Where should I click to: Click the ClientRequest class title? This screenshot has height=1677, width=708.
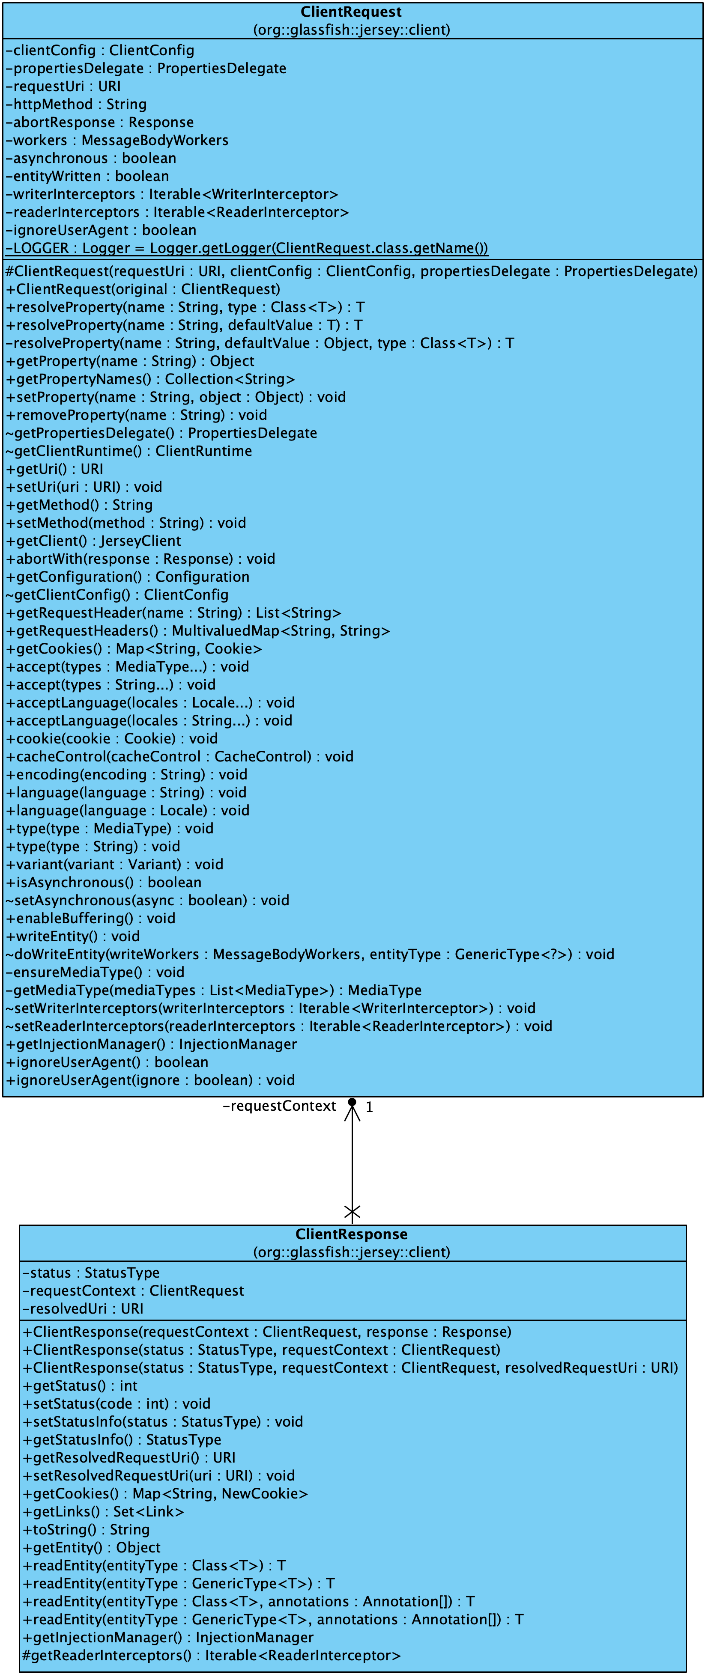tap(351, 12)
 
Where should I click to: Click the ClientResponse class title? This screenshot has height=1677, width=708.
tap(351, 1234)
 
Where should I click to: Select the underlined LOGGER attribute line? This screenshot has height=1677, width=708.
tap(247, 248)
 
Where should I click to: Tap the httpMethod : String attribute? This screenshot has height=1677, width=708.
tap(76, 104)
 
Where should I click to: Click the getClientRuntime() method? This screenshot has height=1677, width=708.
tap(129, 451)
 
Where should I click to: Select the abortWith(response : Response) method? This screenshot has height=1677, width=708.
tap(140, 559)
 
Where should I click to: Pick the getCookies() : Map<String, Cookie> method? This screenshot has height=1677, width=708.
tap(134, 648)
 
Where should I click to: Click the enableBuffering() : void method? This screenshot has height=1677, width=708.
tap(90, 918)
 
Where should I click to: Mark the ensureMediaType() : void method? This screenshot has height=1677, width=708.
tap(95, 972)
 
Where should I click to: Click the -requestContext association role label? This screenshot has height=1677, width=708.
tap(279, 1106)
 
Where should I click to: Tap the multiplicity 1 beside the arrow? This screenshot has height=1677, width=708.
tap(369, 1107)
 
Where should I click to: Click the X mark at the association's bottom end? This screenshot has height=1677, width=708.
tap(352, 1212)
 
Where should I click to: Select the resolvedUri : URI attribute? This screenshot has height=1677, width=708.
tap(83, 1308)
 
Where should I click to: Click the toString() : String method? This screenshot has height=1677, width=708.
tap(86, 1529)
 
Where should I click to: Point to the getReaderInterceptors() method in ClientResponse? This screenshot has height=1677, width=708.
tap(212, 1656)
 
